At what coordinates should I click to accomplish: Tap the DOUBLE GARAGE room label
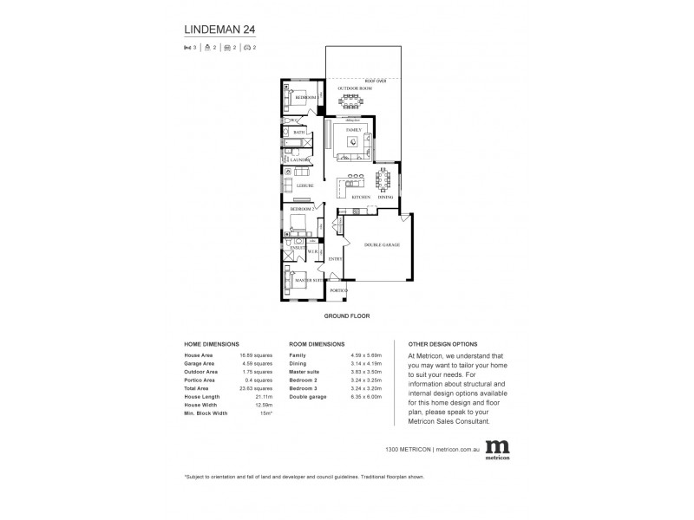click(x=382, y=245)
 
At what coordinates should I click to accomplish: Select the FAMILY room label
click(x=353, y=129)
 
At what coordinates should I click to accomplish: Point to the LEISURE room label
click(x=304, y=185)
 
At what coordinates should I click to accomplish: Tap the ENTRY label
click(x=336, y=258)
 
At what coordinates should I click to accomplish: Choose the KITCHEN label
click(x=361, y=198)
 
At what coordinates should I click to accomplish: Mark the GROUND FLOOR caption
click(x=347, y=316)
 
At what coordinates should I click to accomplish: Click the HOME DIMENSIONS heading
click(x=212, y=344)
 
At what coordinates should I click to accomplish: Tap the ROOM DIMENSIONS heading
click(x=317, y=344)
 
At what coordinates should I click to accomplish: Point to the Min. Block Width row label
click(x=206, y=413)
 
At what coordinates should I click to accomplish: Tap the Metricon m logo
click(x=497, y=446)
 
